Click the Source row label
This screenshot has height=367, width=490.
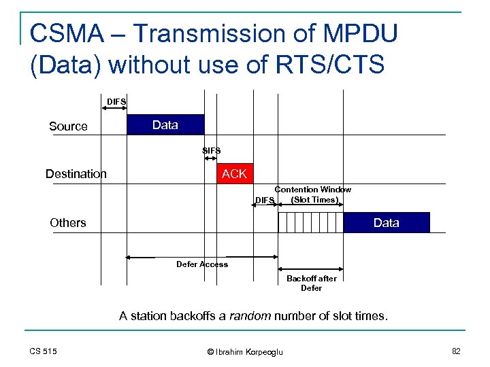point(68,126)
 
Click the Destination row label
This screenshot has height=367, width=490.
point(76,174)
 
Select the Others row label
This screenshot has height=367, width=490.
point(68,223)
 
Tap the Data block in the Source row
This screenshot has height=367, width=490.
point(165,125)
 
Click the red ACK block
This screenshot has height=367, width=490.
point(234,174)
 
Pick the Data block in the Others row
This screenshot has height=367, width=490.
point(387,223)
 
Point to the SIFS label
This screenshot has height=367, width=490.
point(211,150)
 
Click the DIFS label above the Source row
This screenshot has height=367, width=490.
point(116,102)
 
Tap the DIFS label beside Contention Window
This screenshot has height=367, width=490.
point(264,200)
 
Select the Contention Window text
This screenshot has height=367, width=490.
point(312,190)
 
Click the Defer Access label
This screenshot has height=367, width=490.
point(202,264)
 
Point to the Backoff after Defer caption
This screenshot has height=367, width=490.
point(311,283)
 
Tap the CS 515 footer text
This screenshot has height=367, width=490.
point(43,351)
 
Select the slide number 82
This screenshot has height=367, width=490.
point(456,351)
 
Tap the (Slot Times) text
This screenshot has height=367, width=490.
point(313,200)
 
